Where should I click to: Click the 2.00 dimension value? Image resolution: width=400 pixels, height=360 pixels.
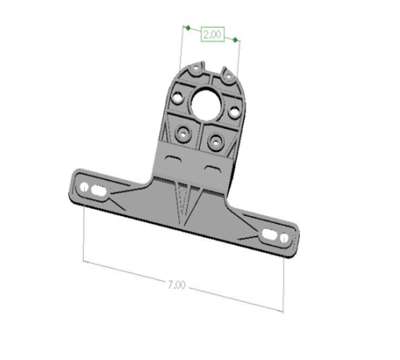(213, 35)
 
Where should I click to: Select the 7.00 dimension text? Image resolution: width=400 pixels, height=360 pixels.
(178, 285)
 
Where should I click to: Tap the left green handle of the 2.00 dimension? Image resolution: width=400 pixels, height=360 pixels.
(187, 28)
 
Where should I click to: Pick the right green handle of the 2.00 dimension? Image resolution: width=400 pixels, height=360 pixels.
(238, 38)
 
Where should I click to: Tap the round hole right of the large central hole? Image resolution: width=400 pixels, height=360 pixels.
(234, 113)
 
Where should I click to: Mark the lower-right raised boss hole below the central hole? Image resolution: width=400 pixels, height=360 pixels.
(214, 142)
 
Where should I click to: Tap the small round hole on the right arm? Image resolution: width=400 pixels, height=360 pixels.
(283, 238)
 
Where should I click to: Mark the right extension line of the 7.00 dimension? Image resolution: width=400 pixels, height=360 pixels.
(284, 280)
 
